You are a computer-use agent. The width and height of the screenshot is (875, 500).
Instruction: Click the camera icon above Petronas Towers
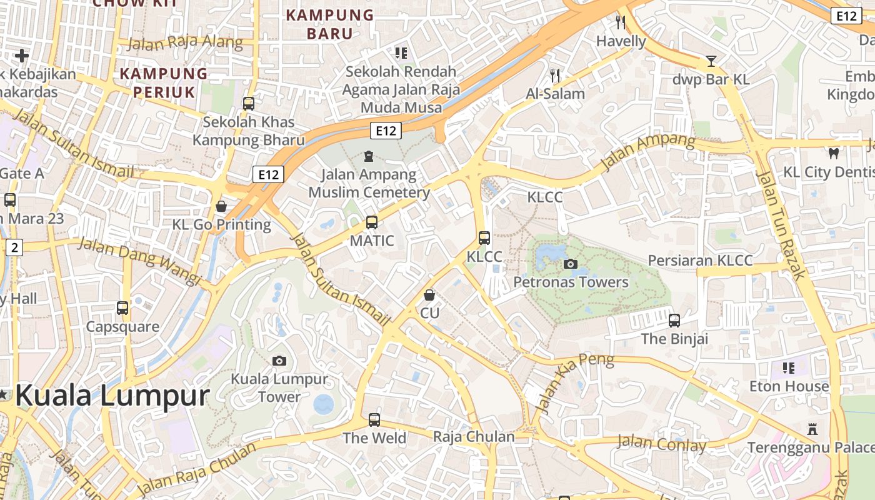click(570, 264)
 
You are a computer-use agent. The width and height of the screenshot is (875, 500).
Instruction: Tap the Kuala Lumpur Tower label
click(279, 387)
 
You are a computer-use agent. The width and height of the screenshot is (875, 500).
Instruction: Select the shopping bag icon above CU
click(429, 294)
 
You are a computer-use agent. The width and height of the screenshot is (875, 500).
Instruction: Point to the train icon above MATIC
click(372, 222)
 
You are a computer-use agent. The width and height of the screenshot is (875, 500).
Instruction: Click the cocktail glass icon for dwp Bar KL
click(711, 61)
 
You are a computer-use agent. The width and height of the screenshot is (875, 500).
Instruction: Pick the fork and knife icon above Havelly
click(621, 23)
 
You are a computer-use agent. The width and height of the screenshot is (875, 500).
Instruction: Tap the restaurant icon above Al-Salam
click(555, 76)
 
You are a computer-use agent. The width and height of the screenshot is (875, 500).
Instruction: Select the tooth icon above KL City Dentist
click(833, 152)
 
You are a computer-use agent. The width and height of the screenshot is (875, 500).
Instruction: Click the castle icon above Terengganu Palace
click(812, 429)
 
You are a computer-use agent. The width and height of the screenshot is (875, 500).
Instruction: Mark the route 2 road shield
click(15, 247)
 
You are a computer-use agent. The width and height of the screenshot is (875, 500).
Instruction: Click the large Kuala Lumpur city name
click(112, 396)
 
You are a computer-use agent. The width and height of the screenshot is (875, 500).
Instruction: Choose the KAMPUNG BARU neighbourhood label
click(329, 24)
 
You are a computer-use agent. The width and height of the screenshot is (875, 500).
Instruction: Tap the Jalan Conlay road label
click(661, 444)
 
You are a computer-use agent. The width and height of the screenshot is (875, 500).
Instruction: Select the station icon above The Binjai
click(674, 321)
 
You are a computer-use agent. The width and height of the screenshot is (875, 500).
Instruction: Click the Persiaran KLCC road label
click(700, 260)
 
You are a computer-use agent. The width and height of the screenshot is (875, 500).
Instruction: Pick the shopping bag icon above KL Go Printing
click(221, 206)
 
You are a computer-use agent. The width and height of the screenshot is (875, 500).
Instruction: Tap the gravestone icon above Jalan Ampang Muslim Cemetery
click(369, 156)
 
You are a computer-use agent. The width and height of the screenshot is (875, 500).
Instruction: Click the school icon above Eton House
click(789, 367)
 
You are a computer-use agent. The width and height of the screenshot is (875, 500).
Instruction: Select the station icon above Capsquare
click(122, 308)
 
